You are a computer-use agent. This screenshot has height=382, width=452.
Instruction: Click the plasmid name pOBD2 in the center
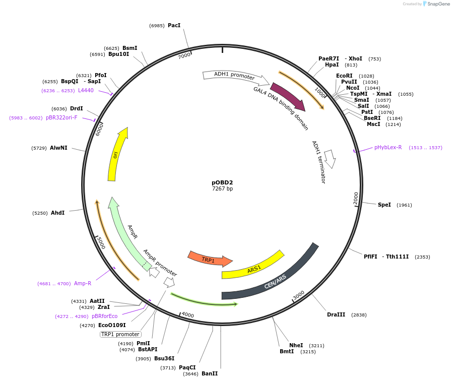coord(222,182)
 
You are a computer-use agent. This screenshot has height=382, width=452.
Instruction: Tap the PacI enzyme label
coord(174,25)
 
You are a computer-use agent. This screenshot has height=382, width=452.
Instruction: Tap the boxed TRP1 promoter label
coord(120,334)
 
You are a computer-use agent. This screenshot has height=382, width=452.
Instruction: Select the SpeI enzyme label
coord(384,205)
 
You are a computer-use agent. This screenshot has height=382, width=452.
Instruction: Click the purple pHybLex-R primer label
coord(388,148)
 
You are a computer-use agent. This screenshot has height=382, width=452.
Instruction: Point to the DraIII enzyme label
coord(336,314)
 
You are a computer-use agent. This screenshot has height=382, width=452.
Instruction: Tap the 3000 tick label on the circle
coord(298,294)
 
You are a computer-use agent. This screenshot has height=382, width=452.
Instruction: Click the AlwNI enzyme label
coord(58,148)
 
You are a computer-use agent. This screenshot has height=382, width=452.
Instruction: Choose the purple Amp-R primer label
coord(83,283)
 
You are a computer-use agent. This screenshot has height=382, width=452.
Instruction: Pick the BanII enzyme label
coord(210,373)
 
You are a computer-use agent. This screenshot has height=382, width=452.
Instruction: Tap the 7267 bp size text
coord(222,189)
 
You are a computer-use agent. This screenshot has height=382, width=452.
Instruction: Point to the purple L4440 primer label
coord(86,90)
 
